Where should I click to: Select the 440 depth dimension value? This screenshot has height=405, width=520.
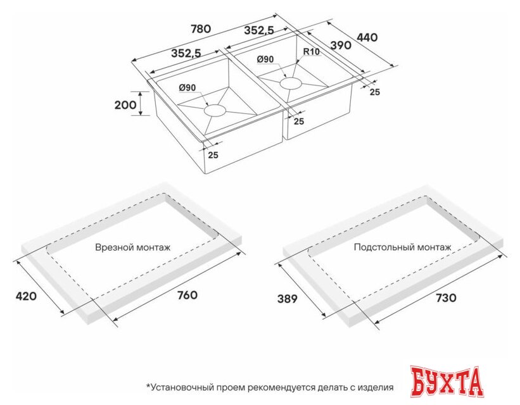coord(367,37)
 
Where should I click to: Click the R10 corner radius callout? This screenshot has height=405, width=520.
coord(310,52)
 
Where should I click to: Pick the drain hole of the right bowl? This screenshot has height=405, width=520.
coord(291,82)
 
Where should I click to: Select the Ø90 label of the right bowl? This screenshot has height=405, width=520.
coord(265,59)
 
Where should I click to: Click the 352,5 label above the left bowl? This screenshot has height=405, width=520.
coord(186,54)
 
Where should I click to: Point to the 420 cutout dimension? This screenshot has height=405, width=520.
coord(27,296)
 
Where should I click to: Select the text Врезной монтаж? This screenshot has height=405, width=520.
coord(132,247)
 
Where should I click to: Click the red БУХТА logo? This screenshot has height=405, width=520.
coord(447,382)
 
